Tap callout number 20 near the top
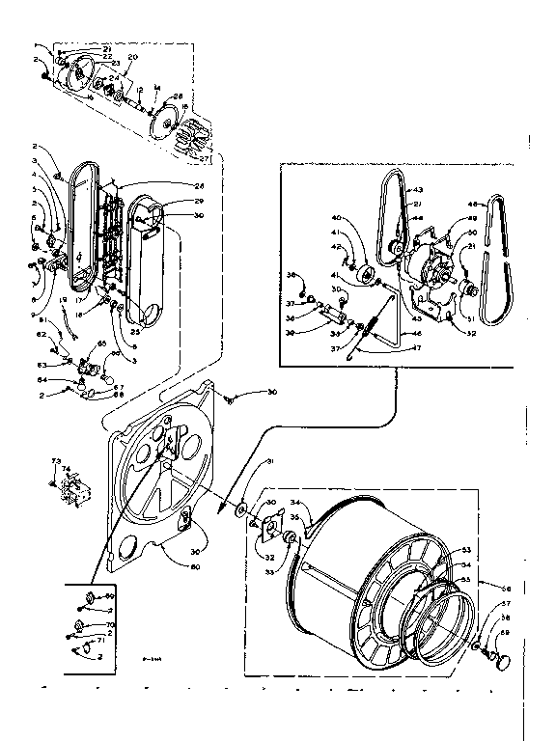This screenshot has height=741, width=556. pyautogui.click(x=133, y=57)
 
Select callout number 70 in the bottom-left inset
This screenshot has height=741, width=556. pyautogui.click(x=109, y=625)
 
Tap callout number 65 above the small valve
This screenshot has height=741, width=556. pyautogui.click(x=101, y=344)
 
